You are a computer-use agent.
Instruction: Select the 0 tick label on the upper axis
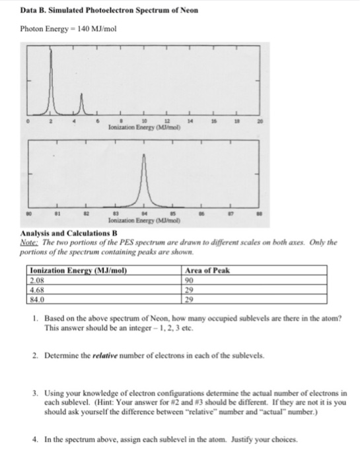click(28, 121)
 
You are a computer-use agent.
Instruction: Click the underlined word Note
click(38, 242)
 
